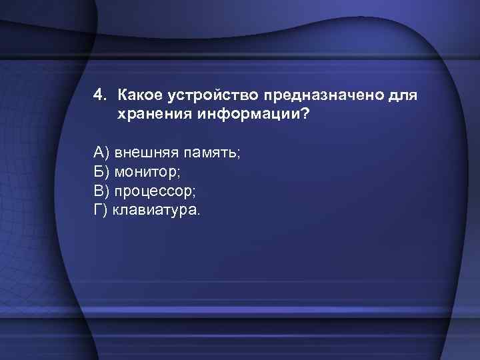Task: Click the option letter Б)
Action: pyautogui.click(x=101, y=173)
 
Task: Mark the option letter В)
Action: pyautogui.click(x=101, y=192)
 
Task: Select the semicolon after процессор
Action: pyautogui.click(x=194, y=194)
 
